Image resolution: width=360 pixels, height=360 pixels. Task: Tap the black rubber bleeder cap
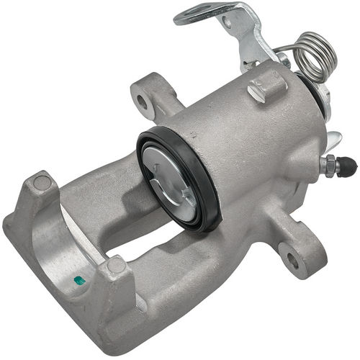(348, 167)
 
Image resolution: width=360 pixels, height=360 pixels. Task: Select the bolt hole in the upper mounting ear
(141, 102)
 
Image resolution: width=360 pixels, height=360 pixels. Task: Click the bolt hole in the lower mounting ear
(292, 258)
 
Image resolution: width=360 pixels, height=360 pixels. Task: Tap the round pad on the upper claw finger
(42, 184)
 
